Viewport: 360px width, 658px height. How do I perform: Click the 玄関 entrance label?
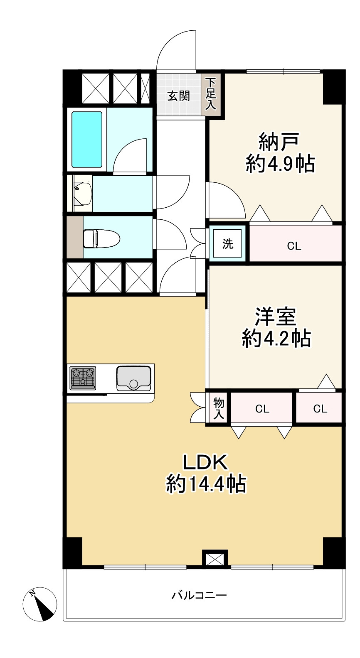(178, 96)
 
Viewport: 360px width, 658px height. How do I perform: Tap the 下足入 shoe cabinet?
(210, 94)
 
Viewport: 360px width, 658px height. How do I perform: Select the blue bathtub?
(87, 140)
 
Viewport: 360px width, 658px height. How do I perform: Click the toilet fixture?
(102, 238)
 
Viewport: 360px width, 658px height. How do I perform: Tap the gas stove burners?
(83, 378)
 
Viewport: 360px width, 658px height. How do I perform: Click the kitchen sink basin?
(134, 378)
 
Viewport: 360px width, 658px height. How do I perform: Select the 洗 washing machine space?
(227, 243)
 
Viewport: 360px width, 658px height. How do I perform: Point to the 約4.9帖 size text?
(280, 164)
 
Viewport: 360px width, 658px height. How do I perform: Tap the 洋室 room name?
(275, 317)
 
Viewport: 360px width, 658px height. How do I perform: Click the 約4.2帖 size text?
(276, 339)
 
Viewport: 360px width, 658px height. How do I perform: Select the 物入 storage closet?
(218, 408)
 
